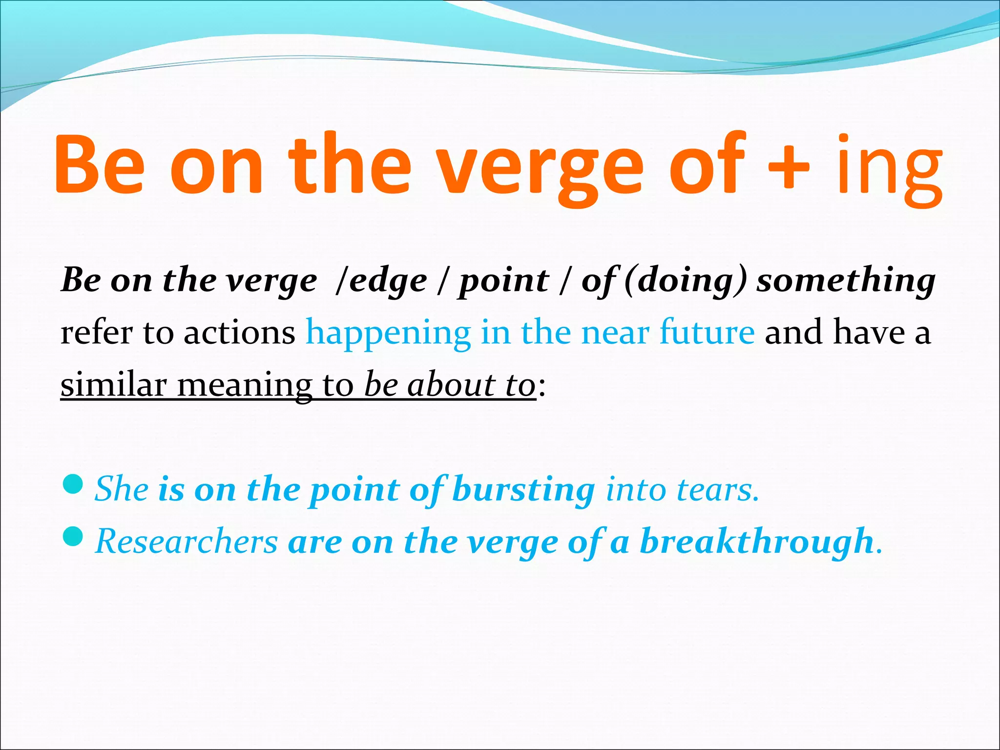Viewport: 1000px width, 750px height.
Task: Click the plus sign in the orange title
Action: [789, 165]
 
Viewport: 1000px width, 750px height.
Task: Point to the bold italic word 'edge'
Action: [388, 282]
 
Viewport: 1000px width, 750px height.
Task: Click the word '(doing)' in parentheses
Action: [686, 282]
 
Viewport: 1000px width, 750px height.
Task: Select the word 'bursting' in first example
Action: [523, 490]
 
